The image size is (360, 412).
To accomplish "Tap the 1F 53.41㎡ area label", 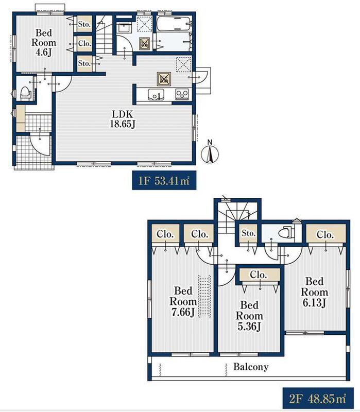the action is coord(164,181).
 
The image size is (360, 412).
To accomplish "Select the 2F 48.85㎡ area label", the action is coord(318,398).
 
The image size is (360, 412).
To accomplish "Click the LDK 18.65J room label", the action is coord(123,119).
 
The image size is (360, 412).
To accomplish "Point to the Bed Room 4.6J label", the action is coord(44,43).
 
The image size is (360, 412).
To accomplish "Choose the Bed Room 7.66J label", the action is coord(183,301).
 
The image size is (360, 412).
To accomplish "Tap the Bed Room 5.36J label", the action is coord(249,316).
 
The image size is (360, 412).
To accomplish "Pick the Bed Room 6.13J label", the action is coord(314,292).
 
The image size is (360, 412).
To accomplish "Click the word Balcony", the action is coord(251,367).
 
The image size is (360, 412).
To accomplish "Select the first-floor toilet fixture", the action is coord(25,93).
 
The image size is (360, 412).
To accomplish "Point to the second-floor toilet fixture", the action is coord(285,233).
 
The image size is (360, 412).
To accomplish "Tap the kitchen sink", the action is coord(156,95).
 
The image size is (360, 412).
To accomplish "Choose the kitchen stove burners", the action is coord(182,94).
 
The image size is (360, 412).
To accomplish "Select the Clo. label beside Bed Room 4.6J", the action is coord(84,43).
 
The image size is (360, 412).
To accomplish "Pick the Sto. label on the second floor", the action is coord(249,233).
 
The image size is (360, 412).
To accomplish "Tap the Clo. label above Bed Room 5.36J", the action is coord(259,275).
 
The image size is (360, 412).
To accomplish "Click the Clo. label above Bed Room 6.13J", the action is coord(325,234).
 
